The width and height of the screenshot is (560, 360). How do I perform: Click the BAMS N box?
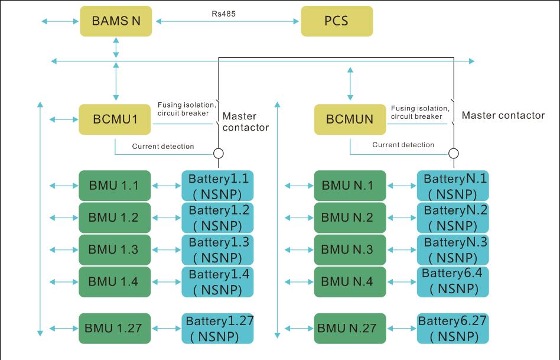[x=116, y=21]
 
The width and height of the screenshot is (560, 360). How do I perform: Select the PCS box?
[x=337, y=21]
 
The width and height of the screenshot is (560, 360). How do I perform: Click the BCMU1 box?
[x=115, y=119]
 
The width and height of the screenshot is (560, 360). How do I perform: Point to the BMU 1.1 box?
[x=115, y=186]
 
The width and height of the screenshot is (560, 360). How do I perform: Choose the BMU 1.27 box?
[x=115, y=328]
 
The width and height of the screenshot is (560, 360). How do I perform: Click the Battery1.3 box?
[x=218, y=249]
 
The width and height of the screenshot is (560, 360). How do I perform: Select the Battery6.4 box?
[x=453, y=281]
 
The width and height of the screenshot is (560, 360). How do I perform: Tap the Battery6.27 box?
[x=453, y=328]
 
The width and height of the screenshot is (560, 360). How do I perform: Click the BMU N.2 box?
[x=350, y=218]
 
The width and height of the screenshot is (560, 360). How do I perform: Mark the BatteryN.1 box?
[x=453, y=186]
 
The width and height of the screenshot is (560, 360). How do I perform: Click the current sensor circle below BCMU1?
[x=219, y=154]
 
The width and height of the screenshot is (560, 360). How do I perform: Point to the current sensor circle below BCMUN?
[x=454, y=154]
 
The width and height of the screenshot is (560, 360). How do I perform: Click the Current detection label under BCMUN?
[x=403, y=145]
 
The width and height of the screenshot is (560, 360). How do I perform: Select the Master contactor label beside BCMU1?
[x=246, y=122]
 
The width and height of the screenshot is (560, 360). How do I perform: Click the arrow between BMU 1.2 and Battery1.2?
[x=166, y=218]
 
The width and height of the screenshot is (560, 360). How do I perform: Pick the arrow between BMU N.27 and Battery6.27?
[x=401, y=328]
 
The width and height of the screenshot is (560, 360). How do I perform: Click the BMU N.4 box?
[x=350, y=281]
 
